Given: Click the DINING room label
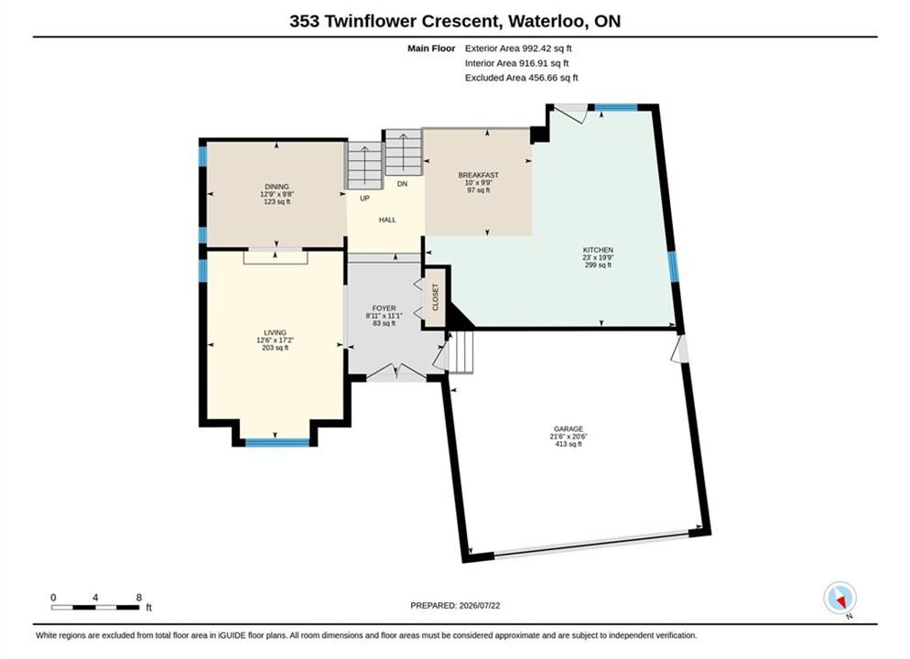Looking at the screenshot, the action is tap(276, 187).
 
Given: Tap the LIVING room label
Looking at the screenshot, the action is tap(275, 333).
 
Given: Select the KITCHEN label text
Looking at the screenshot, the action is tap(598, 250).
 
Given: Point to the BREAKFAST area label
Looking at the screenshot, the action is tap(479, 175).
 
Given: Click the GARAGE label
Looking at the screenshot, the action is tap(569, 429).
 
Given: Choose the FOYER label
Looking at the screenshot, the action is tap(385, 308).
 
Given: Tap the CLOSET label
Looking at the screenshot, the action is tap(436, 297).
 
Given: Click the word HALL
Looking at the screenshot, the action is tap(387, 220).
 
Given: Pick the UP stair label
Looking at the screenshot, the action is tap(364, 199).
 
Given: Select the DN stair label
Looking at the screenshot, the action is tap(402, 184).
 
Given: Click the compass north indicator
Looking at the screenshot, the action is tap(840, 598).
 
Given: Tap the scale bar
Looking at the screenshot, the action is tap(95, 608).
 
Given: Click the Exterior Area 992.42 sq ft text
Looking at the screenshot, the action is tap(518, 49).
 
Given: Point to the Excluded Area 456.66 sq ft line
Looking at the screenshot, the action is tap(521, 78).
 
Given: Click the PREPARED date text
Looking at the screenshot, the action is tap(455, 606).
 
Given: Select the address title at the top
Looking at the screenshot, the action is tap(455, 21).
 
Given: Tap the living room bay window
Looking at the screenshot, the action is tap(277, 443).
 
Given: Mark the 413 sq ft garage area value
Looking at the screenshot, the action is tap(569, 444).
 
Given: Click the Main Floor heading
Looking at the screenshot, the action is tap(431, 49).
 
